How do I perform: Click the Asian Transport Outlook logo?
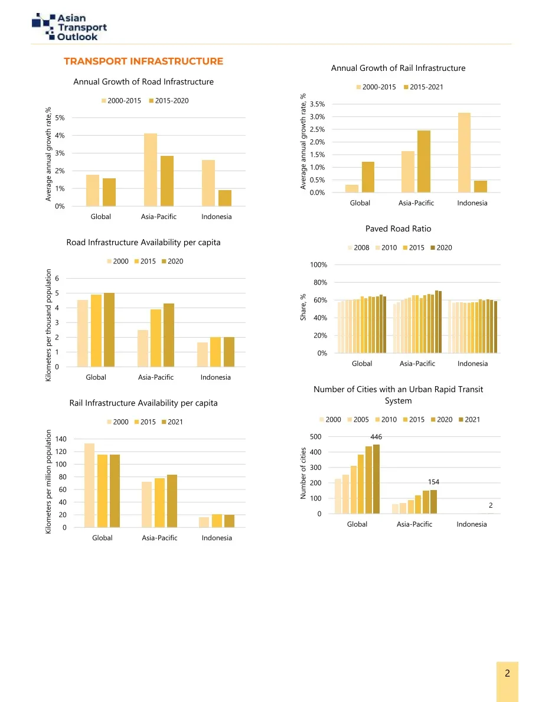point(69,27)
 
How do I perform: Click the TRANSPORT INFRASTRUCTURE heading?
point(143,61)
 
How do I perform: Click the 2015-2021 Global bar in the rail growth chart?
point(368,177)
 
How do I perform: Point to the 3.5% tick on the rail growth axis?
point(317,105)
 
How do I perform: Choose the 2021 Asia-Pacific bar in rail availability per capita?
point(172,501)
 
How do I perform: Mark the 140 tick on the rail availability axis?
point(61,439)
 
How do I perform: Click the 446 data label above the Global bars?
point(376,437)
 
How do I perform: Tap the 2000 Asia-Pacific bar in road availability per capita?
point(143,348)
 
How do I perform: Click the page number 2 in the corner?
point(507,674)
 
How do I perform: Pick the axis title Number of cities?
point(303,474)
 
